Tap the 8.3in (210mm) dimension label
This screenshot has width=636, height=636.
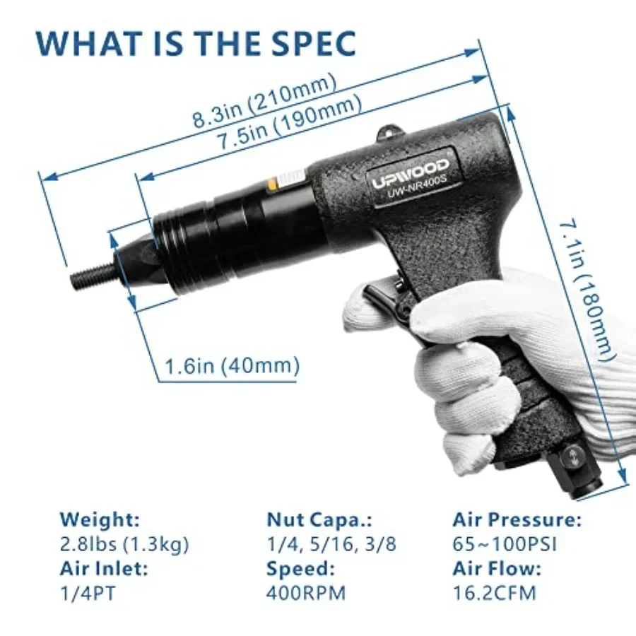coord(264,101)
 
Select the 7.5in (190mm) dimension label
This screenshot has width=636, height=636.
coord(289,123)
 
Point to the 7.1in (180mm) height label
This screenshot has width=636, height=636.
coord(585,290)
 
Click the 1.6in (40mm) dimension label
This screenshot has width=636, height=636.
coord(232,365)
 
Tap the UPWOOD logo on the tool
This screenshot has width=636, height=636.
coord(411,174)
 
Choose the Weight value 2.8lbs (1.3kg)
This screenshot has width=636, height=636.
coord(124,544)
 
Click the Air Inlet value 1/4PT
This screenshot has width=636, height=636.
coord(88,594)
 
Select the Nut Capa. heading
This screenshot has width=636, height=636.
coord(319,519)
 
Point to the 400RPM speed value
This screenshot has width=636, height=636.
coord(306,594)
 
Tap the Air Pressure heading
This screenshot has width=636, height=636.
coord(517,519)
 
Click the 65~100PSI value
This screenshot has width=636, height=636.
coord(505,544)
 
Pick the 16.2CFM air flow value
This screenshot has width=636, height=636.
coord(494,594)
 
